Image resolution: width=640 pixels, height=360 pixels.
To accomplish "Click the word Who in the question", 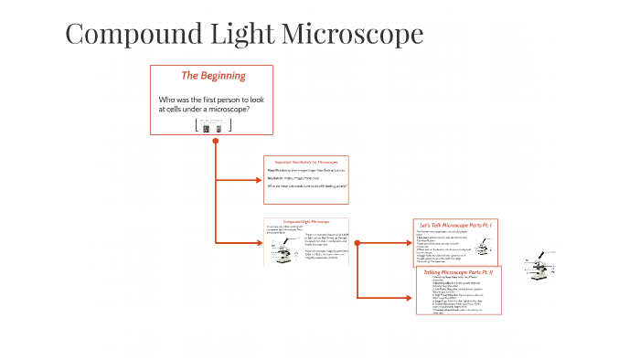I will pyautogui.click(x=167, y=99).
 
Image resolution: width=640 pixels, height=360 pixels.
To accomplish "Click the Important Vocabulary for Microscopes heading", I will pyautogui.click(x=306, y=161).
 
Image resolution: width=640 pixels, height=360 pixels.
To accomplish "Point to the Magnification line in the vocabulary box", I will pyautogui.click(x=306, y=170).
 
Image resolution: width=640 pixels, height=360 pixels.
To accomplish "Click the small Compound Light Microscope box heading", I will pyautogui.click(x=306, y=221).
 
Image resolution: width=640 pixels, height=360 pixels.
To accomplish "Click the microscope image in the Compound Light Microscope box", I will pyautogui.click(x=281, y=253).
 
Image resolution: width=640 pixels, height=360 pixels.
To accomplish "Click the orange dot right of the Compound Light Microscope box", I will pyautogui.click(x=357, y=243).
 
